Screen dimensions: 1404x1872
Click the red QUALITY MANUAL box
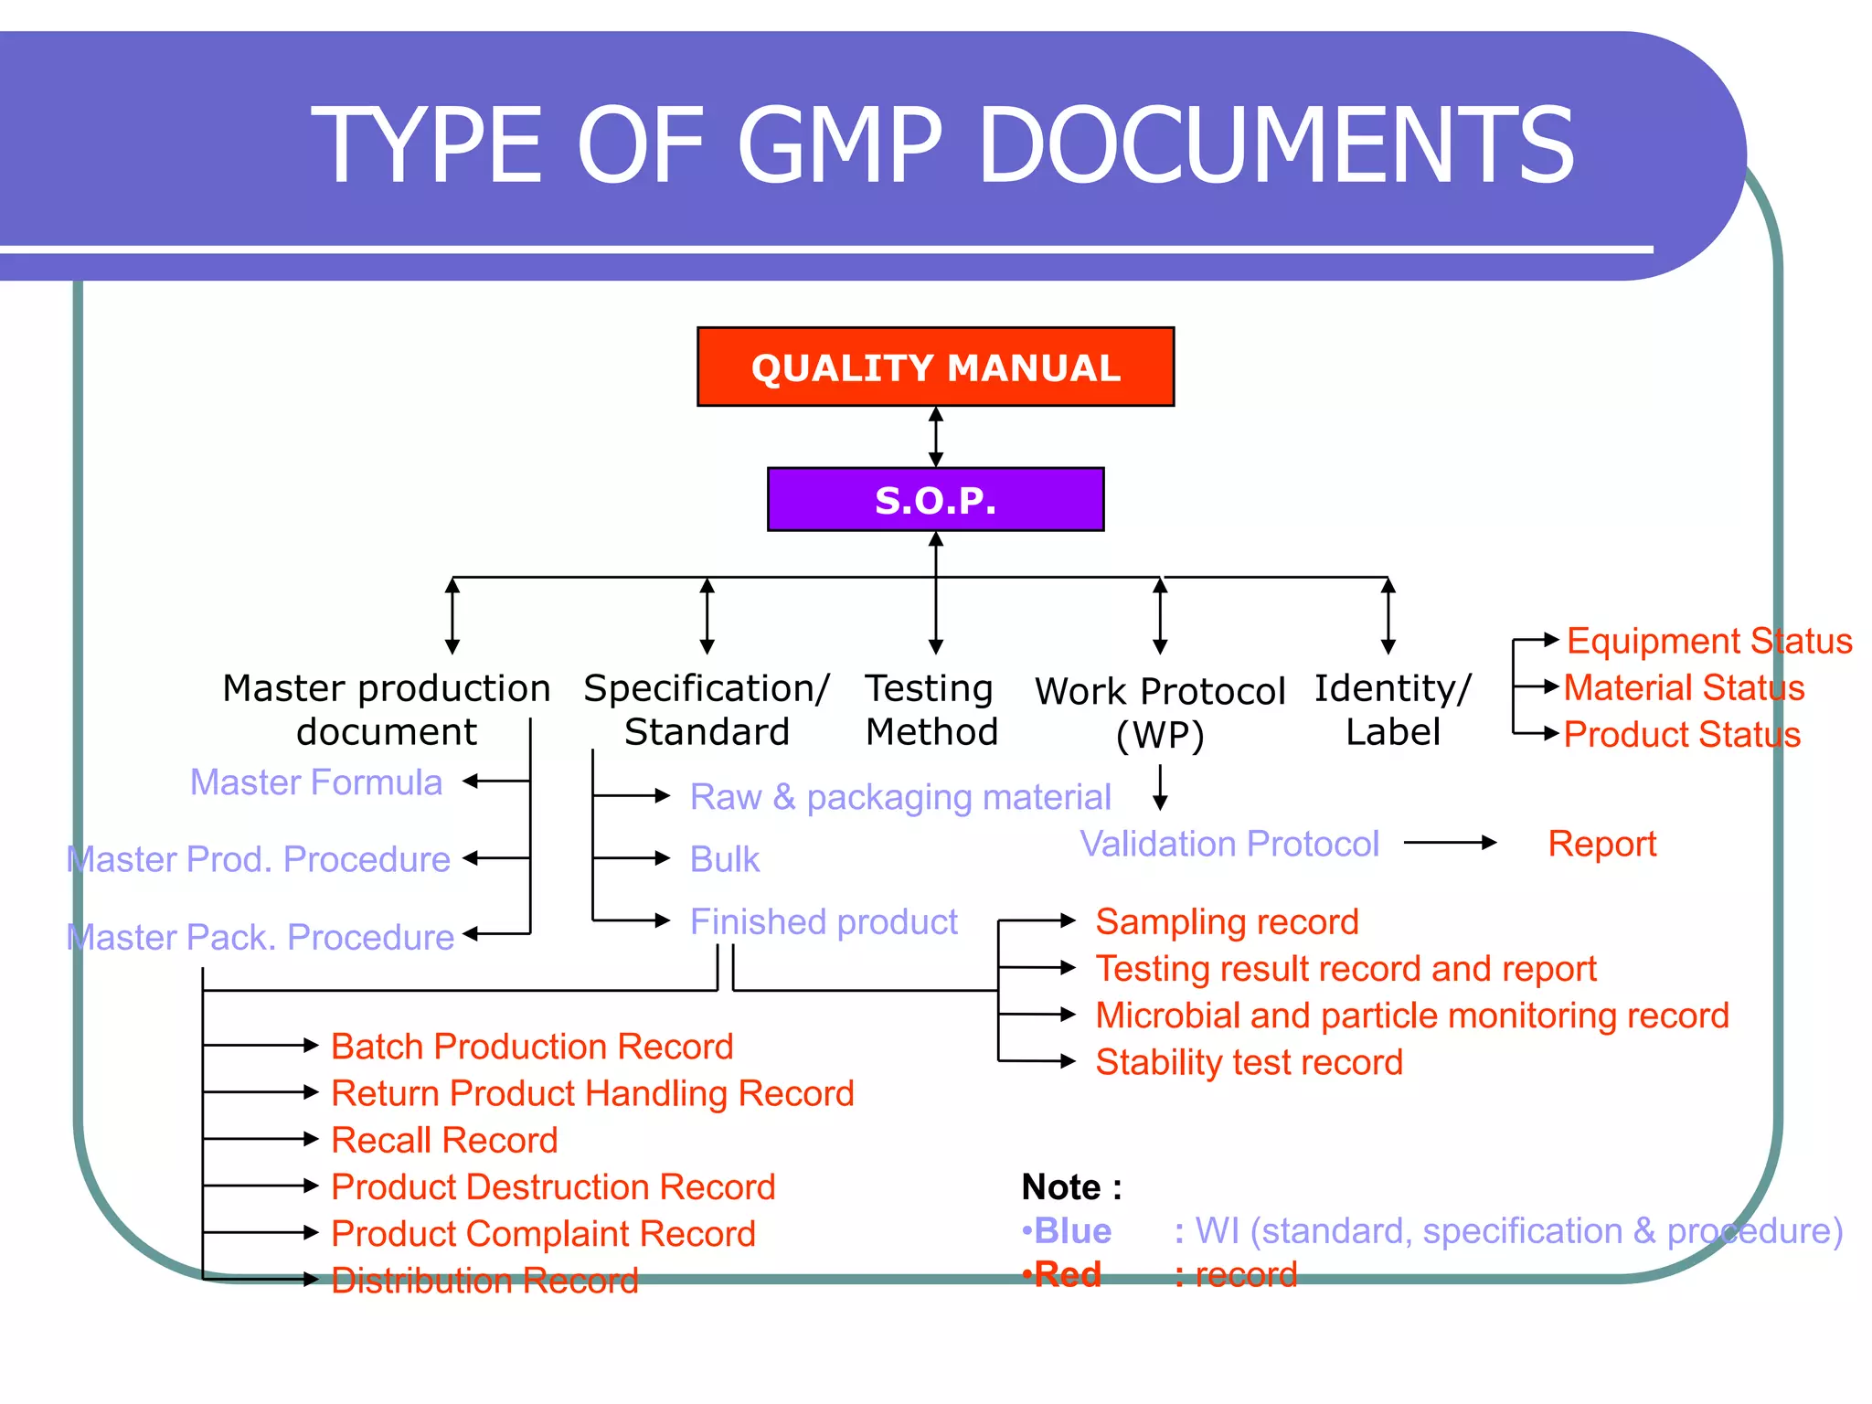(935, 367)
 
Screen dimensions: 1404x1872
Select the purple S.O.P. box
(935, 499)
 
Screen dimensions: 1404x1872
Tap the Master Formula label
(315, 782)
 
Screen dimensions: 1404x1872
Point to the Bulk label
(724, 859)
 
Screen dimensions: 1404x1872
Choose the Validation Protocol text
(1228, 844)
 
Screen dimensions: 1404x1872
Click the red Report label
(1601, 844)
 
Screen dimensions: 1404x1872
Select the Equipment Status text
(1708, 641)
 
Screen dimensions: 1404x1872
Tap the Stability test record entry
(1249, 1062)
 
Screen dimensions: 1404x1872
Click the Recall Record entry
(444, 1140)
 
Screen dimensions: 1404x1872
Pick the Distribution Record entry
(484, 1281)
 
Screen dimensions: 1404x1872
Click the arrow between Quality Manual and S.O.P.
(935, 437)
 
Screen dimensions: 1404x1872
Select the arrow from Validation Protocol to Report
(1449, 843)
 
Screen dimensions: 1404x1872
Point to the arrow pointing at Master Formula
(495, 782)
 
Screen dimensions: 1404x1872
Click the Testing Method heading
(931, 710)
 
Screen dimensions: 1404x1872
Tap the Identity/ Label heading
(1392, 710)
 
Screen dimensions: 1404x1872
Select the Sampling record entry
(1227, 921)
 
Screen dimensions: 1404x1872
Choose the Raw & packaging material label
(900, 797)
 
